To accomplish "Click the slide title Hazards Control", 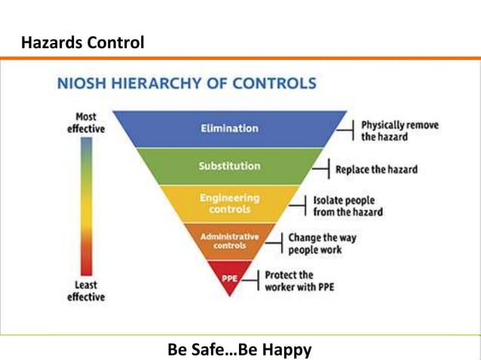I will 83,43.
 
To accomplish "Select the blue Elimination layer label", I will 229,128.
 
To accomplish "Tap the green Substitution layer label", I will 229,166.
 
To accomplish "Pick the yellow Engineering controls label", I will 229,203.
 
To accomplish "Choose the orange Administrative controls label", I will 229,239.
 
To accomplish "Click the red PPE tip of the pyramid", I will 229,277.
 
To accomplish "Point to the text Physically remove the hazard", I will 399,131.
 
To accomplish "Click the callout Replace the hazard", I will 375,169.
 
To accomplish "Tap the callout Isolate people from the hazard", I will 348,206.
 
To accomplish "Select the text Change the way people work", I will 322,243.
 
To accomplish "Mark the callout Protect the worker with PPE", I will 299,281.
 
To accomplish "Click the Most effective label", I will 86,123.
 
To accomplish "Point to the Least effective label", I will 86,291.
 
